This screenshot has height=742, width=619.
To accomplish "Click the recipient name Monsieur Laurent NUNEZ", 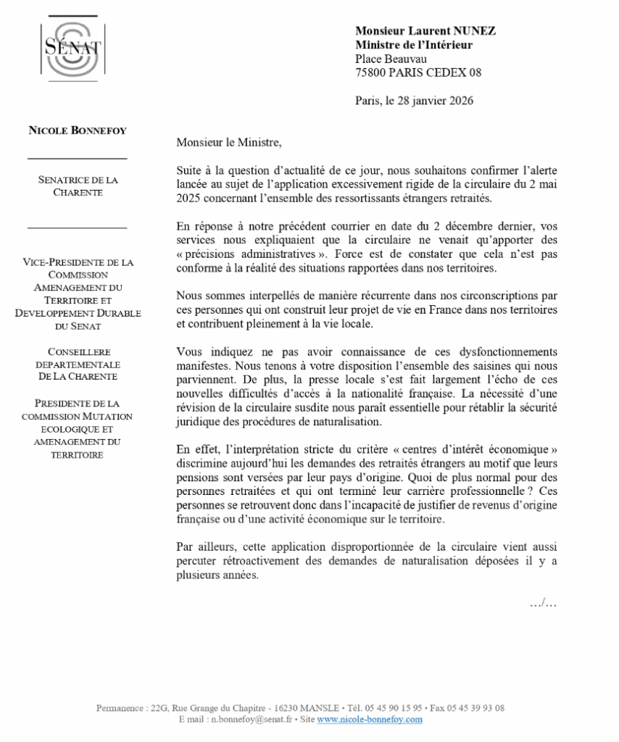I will coord(425,31).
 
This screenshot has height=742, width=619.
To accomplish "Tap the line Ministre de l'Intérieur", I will coord(414,45).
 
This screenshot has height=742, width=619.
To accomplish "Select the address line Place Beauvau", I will coord(391,59).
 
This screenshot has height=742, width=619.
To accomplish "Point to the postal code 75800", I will coord(370,72).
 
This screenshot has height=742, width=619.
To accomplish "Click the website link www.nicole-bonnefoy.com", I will coord(370,720).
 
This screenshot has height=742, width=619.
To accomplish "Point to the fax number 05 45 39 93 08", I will coord(477,708).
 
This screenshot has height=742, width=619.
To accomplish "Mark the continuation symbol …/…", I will coord(543,603).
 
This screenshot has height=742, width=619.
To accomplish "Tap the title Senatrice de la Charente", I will coord(77,185).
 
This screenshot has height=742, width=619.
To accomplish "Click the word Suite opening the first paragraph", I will coord(189,170).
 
